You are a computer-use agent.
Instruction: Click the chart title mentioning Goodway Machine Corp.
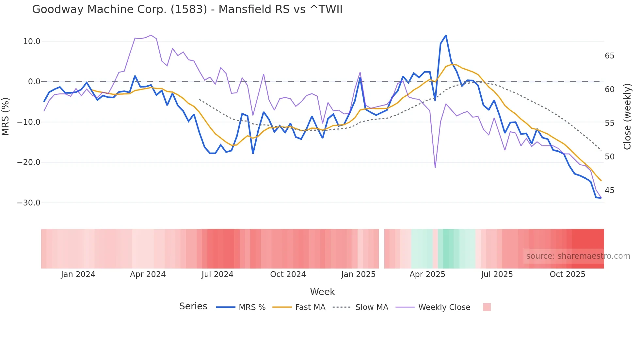pyautogui.click(x=187, y=9)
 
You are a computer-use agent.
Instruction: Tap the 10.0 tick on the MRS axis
pyautogui.click(x=31, y=41)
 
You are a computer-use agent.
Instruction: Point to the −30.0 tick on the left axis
pyautogui.click(x=29, y=203)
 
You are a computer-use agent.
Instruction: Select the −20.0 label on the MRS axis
pyautogui.click(x=29, y=162)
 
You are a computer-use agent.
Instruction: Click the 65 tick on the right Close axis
pyautogui.click(x=609, y=56)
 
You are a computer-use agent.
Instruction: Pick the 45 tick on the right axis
pyautogui.click(x=609, y=190)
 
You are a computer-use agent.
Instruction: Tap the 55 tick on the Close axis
pyautogui.click(x=609, y=123)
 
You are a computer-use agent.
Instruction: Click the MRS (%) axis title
pyautogui.click(x=6, y=116)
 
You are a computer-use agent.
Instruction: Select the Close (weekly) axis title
pyautogui.click(x=627, y=117)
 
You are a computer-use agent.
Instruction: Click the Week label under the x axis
pyautogui.click(x=322, y=292)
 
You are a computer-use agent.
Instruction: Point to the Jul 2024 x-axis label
pyautogui.click(x=217, y=274)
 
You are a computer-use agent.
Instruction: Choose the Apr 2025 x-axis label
pyautogui.click(x=427, y=274)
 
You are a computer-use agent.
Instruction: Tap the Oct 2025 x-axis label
pyautogui.click(x=567, y=274)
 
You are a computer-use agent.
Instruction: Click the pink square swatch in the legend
pyautogui.click(x=487, y=307)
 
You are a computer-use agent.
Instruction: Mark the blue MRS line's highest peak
pyautogui.click(x=446, y=36)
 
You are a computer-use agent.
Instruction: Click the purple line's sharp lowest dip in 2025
pyautogui.click(x=435, y=168)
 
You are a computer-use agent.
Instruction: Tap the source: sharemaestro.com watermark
pyautogui.click(x=578, y=256)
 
